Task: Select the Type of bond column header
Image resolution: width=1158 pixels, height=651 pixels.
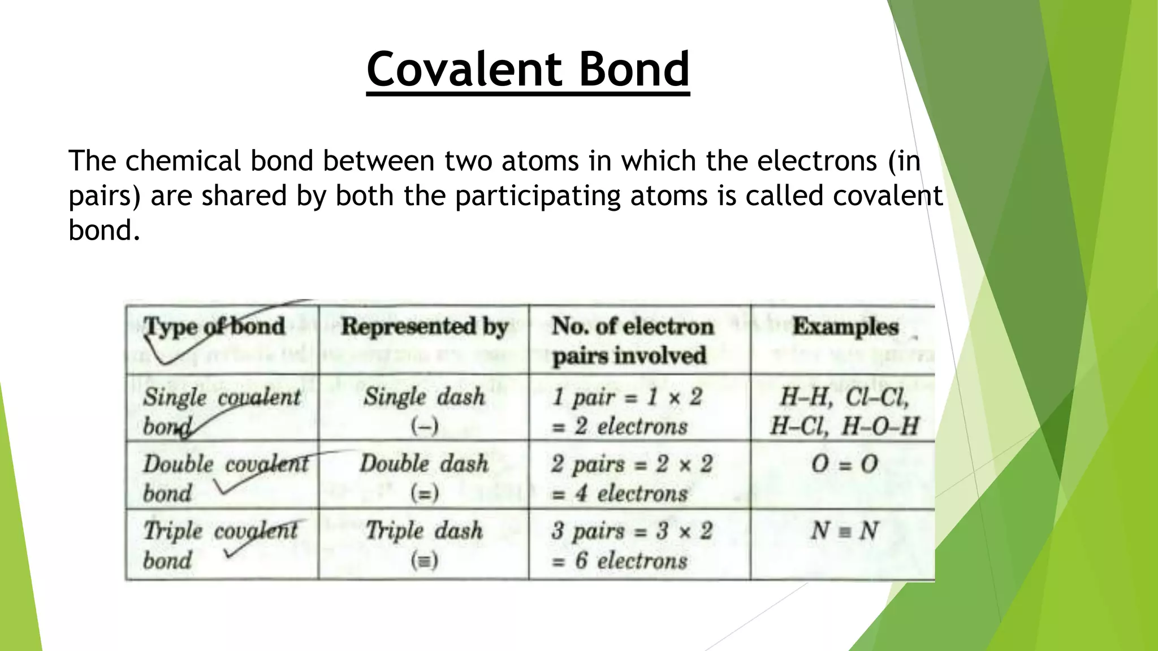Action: click(215, 327)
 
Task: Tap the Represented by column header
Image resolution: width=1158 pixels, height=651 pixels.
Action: click(425, 327)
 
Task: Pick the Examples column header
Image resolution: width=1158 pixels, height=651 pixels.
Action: click(845, 327)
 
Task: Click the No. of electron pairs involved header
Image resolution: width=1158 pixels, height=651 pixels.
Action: click(632, 341)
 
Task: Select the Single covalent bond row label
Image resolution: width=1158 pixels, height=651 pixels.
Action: click(221, 411)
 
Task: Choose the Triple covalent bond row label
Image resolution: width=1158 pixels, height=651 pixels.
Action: click(221, 545)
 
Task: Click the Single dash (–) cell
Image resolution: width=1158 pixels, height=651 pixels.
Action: click(424, 411)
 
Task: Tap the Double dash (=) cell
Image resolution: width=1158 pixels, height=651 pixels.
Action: click(424, 478)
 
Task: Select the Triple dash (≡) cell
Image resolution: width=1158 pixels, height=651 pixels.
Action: click(424, 545)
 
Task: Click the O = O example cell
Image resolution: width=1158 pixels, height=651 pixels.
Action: click(844, 465)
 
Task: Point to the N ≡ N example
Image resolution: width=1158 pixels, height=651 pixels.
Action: click(844, 531)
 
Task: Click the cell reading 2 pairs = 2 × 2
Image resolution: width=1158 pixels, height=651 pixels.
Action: click(632, 465)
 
